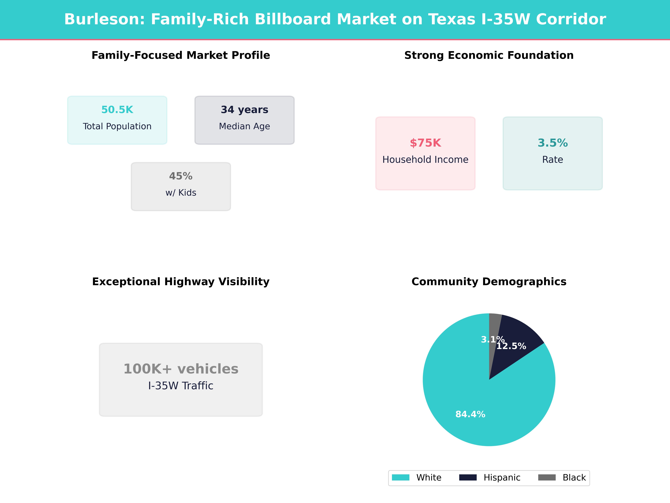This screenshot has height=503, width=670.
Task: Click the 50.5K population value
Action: pyautogui.click(x=117, y=110)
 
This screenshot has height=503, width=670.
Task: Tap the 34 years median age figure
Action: pyautogui.click(x=244, y=110)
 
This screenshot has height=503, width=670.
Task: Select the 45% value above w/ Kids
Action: pyautogui.click(x=181, y=176)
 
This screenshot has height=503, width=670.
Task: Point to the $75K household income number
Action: pyautogui.click(x=425, y=143)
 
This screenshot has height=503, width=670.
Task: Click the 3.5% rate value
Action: pyautogui.click(x=552, y=143)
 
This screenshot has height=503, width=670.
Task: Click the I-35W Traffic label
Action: pyautogui.click(x=181, y=386)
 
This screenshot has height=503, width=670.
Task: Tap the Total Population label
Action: pyautogui.click(x=117, y=126)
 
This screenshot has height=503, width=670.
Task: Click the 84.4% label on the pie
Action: pyautogui.click(x=470, y=414)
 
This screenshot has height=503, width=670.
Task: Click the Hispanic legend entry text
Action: pyautogui.click(x=502, y=478)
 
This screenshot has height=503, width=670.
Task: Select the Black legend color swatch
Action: pyautogui.click(x=547, y=478)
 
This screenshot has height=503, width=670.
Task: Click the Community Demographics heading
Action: pyautogui.click(x=489, y=282)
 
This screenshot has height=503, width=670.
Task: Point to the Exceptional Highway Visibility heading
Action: pyautogui.click(x=181, y=282)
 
